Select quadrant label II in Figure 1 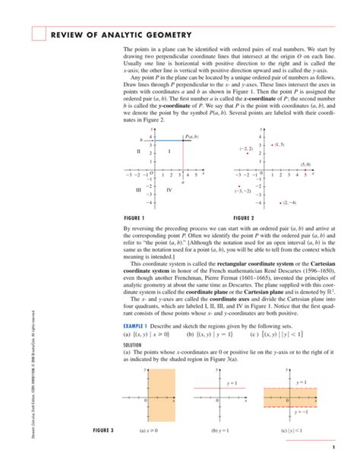click(138, 152)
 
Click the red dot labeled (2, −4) click(279, 203)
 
